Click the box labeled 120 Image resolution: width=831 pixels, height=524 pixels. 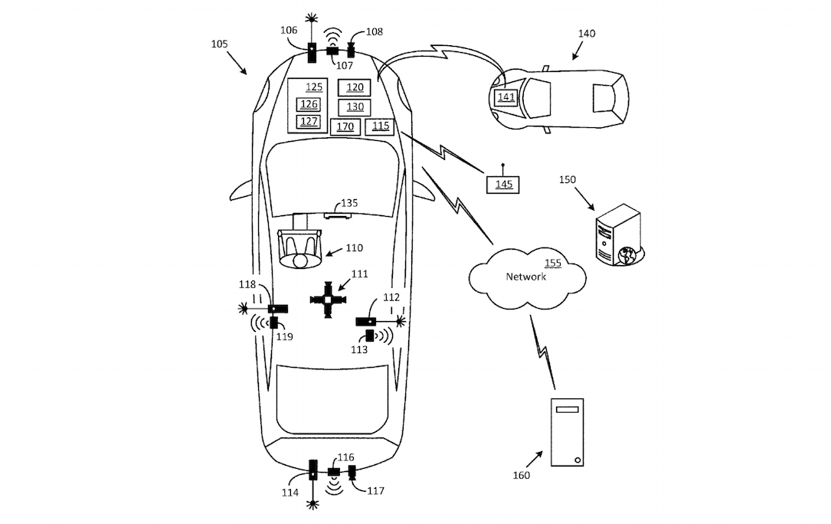354,88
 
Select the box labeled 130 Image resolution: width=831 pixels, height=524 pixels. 354,107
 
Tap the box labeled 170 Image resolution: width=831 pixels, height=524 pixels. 345,126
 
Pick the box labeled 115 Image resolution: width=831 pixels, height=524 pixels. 380,126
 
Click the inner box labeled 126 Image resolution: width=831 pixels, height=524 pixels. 309,104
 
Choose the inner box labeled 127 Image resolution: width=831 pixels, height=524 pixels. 309,122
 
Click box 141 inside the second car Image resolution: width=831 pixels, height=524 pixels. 505,97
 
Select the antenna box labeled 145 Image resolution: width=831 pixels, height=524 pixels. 503,185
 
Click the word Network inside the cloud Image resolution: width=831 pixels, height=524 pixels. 525,277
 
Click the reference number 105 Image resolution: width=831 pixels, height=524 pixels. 219,44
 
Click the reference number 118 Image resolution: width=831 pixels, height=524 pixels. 247,284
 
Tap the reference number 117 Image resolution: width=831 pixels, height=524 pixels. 375,490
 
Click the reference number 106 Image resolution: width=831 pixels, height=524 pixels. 289,31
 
